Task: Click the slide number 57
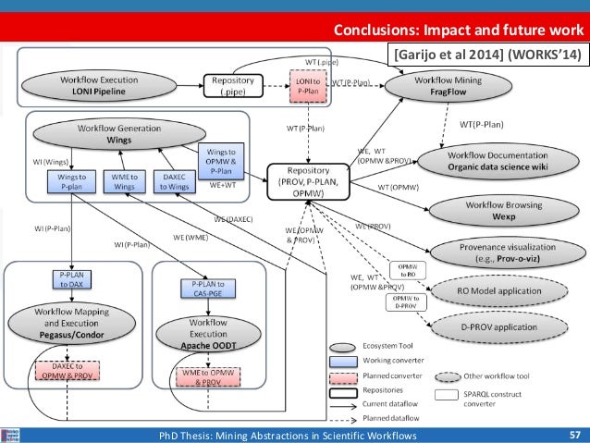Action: pyautogui.click(x=573, y=435)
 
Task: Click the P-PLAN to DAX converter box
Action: pyautogui.click(x=72, y=281)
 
